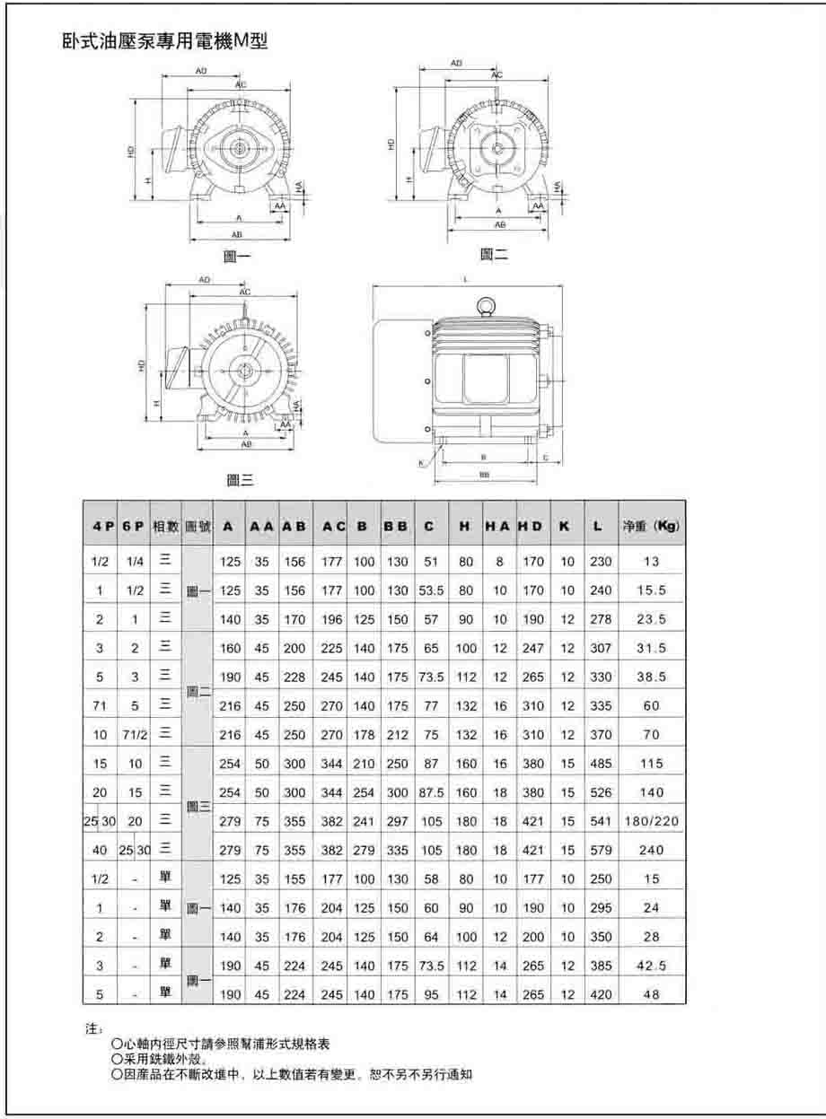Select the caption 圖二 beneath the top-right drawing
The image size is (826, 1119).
pyautogui.click(x=494, y=254)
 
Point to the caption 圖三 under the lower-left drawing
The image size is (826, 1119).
pyautogui.click(x=239, y=481)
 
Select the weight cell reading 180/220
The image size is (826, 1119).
pyautogui.click(x=652, y=820)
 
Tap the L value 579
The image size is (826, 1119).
pyautogui.click(x=598, y=849)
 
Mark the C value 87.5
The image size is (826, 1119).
pyautogui.click(x=432, y=791)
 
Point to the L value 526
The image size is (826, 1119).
pyautogui.click(x=598, y=791)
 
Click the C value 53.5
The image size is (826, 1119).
pyautogui.click(x=432, y=590)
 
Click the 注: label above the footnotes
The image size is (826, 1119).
pyautogui.click(x=93, y=1029)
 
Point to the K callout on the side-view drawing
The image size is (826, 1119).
pyautogui.click(x=422, y=463)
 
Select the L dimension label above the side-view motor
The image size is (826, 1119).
pyautogui.click(x=467, y=280)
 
